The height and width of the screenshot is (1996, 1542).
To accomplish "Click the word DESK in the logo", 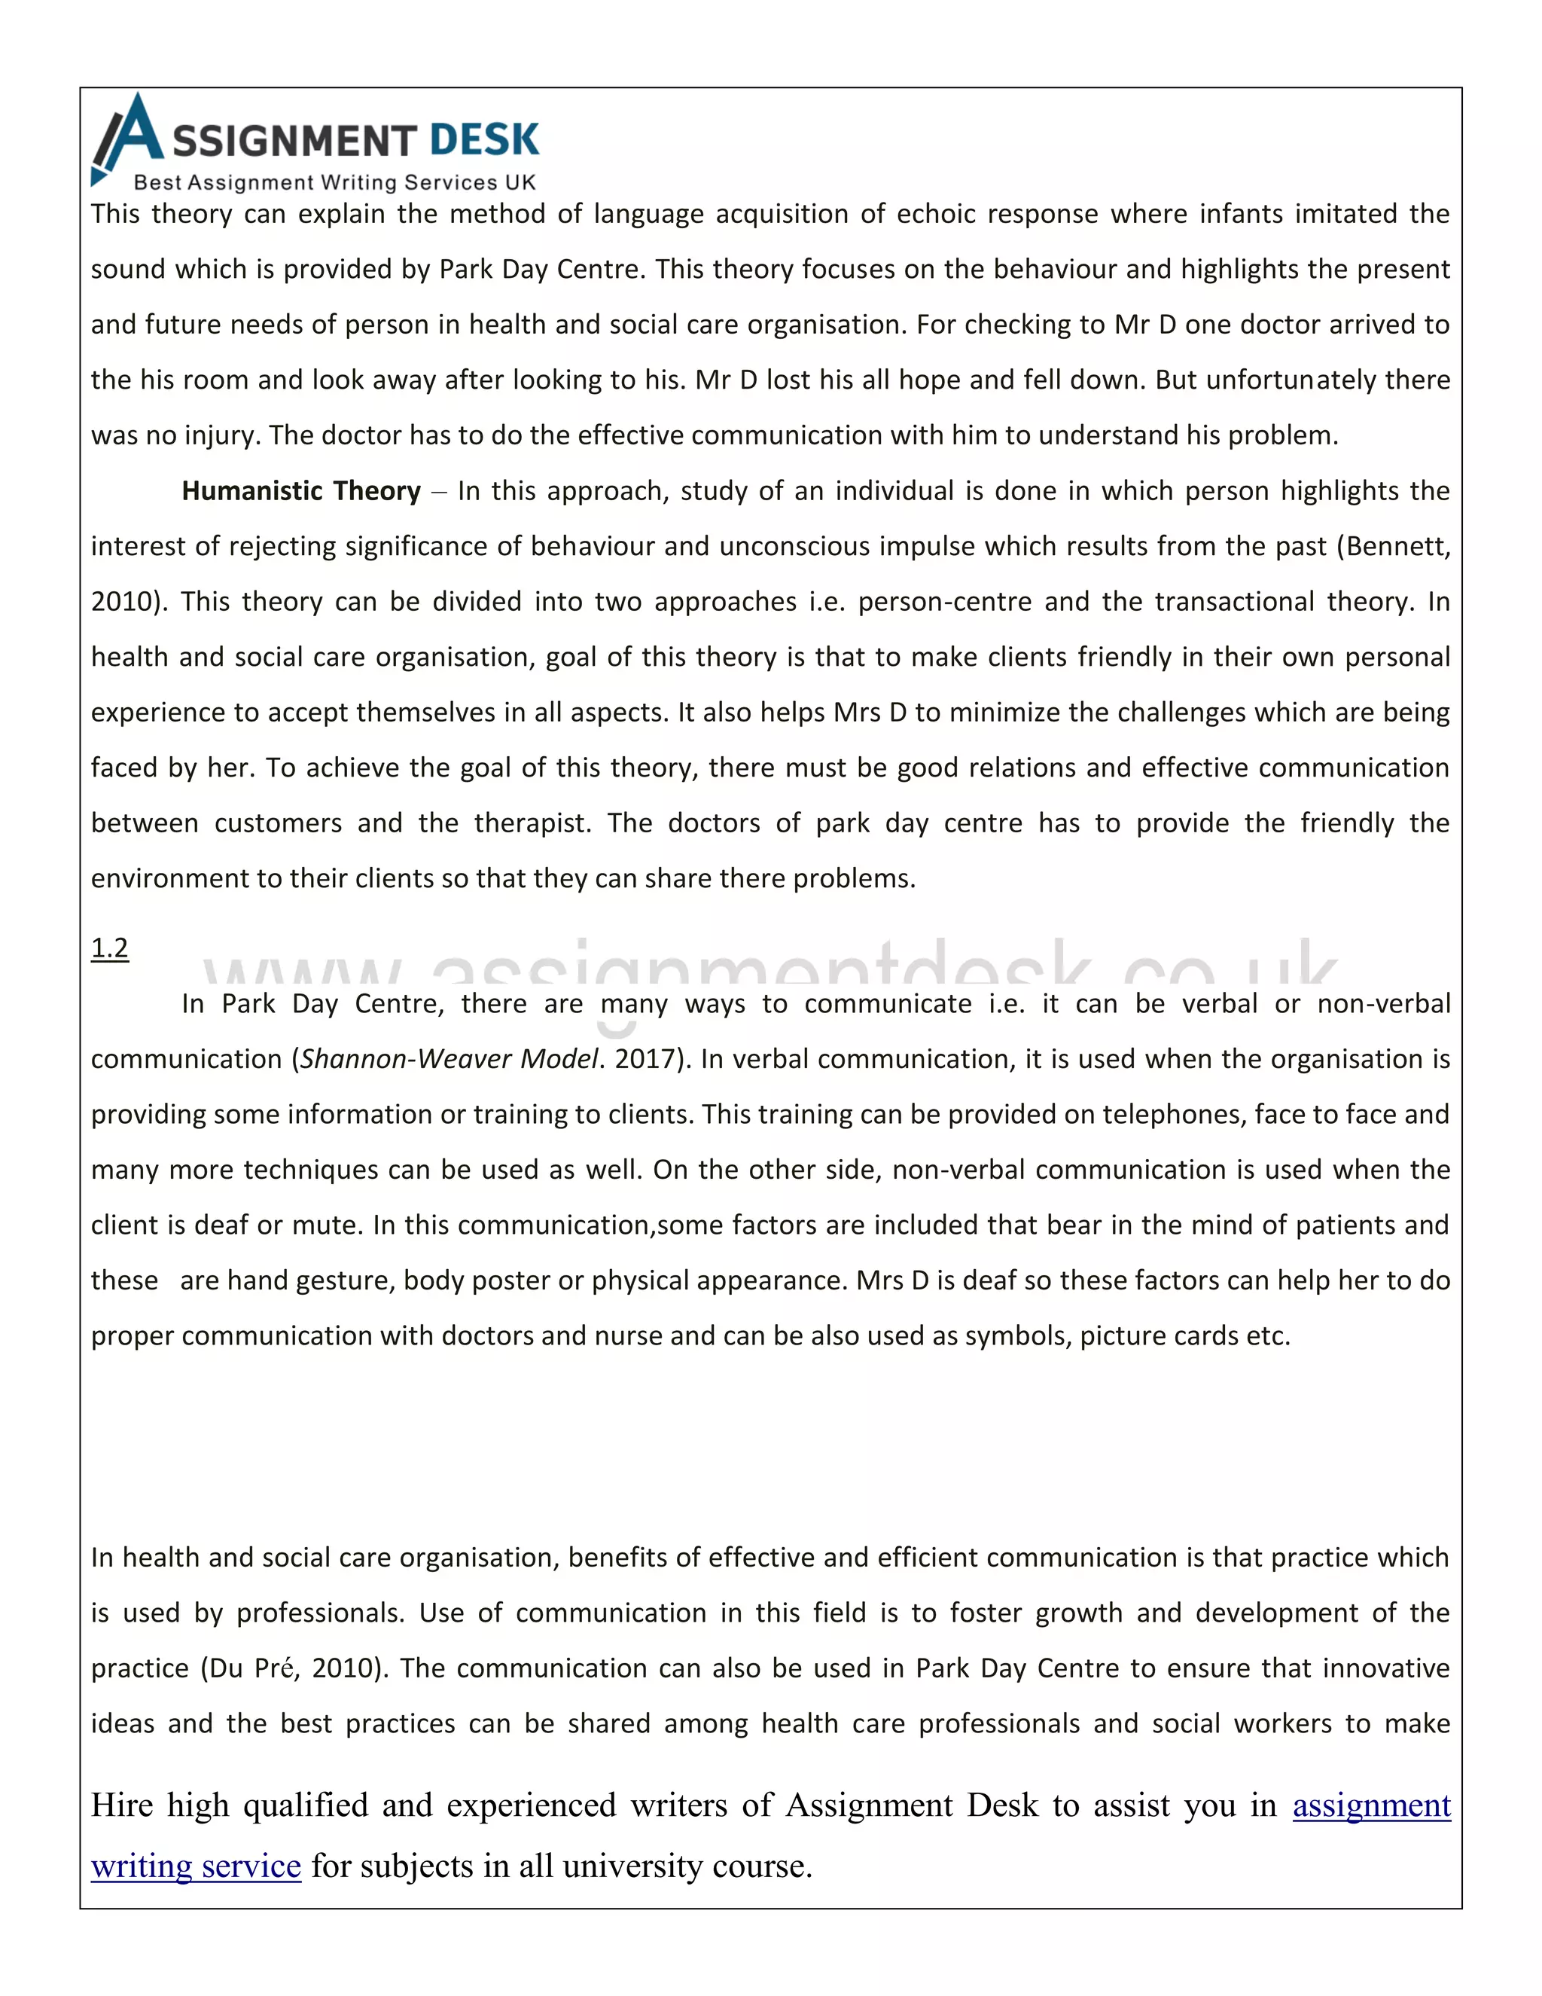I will click(484, 140).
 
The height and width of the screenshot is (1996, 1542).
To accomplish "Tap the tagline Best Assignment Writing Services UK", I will click(334, 182).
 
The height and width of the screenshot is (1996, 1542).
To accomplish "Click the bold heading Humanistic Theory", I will click(300, 491).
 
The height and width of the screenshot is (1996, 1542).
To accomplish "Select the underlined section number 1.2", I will click(110, 948).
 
